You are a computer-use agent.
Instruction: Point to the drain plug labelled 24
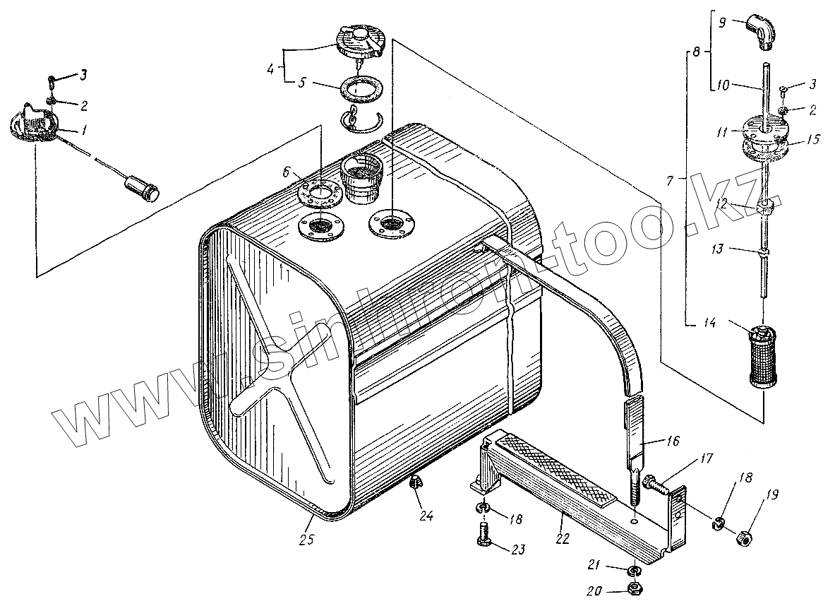[416, 484]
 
